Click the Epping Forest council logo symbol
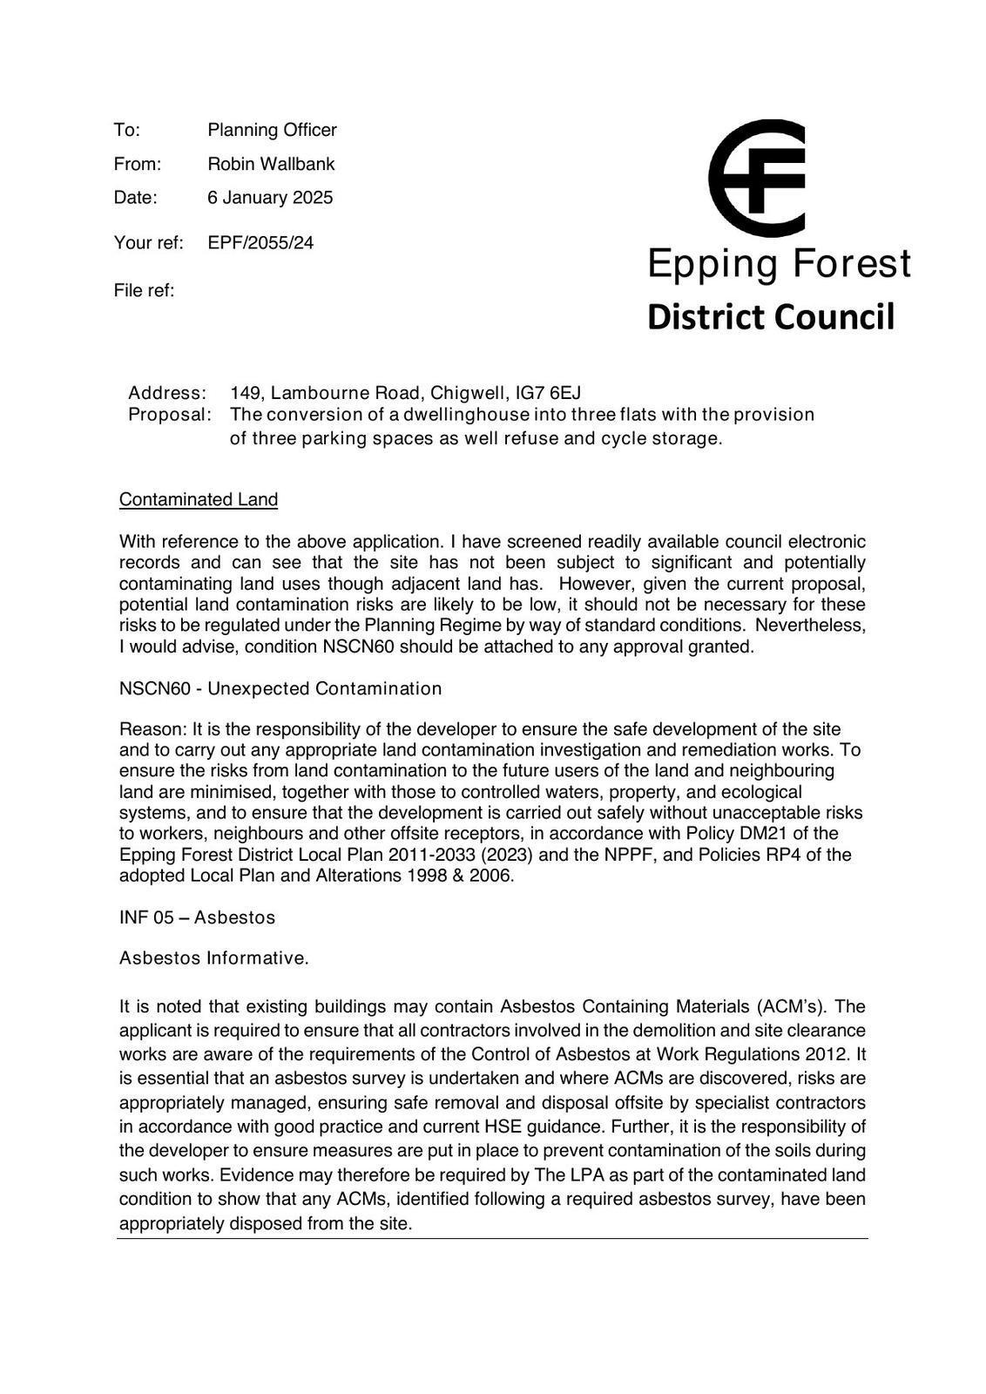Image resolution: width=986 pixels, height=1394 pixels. [756, 179]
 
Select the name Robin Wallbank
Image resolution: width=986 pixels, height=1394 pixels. [271, 164]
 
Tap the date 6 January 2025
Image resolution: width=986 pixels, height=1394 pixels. [270, 198]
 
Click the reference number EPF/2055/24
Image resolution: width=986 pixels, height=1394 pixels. [260, 243]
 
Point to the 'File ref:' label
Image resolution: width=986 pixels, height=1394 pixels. [144, 291]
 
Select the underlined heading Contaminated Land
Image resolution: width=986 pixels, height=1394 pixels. [199, 500]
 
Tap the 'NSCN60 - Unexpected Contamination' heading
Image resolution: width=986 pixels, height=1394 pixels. [280, 689]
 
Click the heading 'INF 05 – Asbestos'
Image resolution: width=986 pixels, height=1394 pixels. [197, 917]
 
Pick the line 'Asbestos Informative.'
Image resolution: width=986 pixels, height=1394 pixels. [214, 958]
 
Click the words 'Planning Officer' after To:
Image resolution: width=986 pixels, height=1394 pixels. [272, 131]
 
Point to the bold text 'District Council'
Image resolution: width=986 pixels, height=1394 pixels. [771, 318]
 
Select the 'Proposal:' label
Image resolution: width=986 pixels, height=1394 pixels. [170, 415]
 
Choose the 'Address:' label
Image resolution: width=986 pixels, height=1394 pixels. [167, 393]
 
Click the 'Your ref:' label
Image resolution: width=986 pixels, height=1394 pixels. [148, 243]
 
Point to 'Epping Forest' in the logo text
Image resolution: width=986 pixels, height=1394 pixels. [779, 264]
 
